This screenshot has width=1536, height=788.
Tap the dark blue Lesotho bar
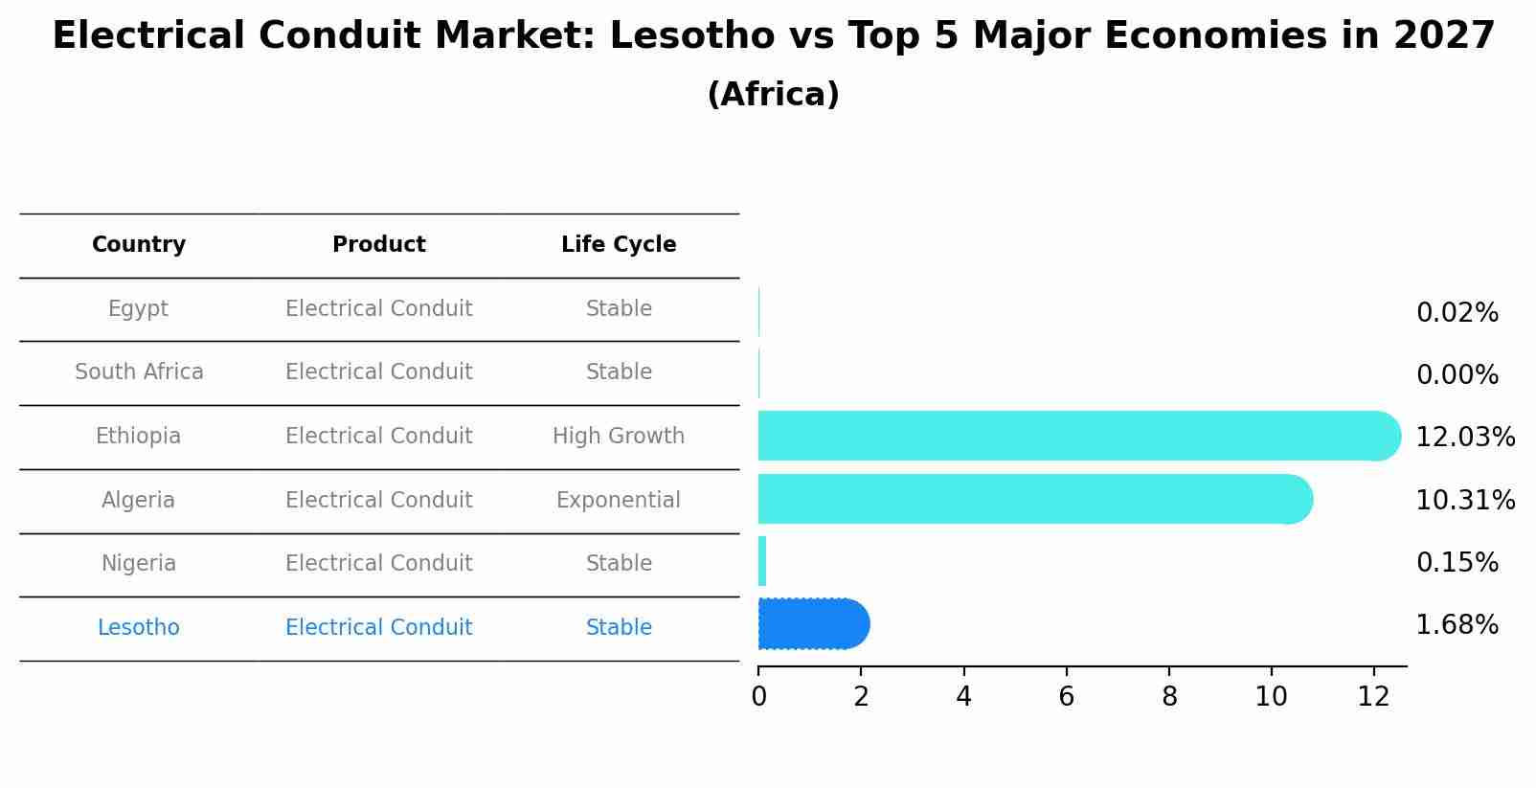click(812, 624)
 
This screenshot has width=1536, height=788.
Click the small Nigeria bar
click(762, 561)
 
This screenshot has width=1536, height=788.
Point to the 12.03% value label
click(1464, 438)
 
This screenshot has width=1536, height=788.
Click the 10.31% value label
click(1464, 501)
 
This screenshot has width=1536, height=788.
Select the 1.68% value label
click(1457, 625)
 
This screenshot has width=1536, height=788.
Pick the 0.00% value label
click(1457, 375)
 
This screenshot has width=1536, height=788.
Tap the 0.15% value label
click(1457, 563)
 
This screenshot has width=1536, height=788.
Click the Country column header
click(139, 245)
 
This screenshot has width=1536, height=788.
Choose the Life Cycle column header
click(619, 245)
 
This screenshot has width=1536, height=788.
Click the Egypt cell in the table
click(138, 309)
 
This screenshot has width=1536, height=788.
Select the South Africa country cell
click(139, 372)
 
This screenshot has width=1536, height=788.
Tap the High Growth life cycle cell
click(619, 437)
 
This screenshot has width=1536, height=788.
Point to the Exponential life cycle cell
click(619, 501)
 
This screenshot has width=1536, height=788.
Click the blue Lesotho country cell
click(139, 628)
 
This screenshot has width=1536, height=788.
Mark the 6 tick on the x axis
click(1066, 697)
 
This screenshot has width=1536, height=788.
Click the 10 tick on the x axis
click(1271, 697)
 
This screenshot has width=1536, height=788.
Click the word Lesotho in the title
click(691, 36)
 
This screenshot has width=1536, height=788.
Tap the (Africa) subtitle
click(773, 95)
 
